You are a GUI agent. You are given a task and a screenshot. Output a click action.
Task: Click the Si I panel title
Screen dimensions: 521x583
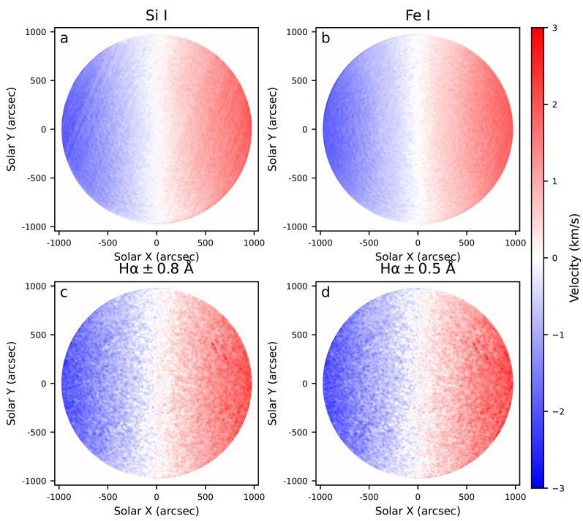[x=156, y=14]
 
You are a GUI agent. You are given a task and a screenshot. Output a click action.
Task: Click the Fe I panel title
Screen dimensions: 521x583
[x=417, y=14]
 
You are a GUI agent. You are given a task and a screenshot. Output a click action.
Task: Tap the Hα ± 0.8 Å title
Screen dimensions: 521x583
[x=156, y=268]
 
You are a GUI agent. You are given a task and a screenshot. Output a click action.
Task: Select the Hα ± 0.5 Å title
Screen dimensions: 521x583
[x=417, y=268]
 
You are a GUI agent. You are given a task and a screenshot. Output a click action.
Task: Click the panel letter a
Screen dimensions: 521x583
[x=64, y=39]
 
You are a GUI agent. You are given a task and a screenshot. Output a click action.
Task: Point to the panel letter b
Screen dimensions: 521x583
[x=326, y=39]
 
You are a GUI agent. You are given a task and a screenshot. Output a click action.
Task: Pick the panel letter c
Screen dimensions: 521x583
[x=64, y=293]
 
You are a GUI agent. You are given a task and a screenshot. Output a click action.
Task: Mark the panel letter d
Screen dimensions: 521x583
[x=326, y=293]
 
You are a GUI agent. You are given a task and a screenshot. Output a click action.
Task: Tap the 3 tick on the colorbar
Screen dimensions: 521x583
[x=554, y=28]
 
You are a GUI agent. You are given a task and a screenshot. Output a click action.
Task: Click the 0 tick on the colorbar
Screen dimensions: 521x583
[x=554, y=258]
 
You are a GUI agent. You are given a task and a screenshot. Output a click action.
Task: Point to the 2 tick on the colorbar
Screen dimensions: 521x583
[x=554, y=104]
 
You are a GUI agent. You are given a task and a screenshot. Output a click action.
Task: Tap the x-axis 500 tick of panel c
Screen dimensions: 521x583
[x=205, y=497]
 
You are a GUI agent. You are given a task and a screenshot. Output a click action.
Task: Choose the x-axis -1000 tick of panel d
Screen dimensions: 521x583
[x=320, y=497]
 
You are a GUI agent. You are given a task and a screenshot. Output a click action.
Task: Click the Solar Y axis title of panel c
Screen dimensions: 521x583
[x=12, y=384]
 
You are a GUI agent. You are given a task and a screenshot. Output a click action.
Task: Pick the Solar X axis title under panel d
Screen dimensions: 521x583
[x=417, y=511]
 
